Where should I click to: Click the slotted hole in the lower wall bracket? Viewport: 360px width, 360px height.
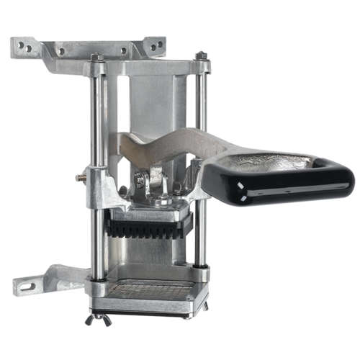point(26,287)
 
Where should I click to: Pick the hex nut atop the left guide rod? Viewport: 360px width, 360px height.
point(96,58)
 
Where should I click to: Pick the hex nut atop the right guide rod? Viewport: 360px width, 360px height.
point(203,55)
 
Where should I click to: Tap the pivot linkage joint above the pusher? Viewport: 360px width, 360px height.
point(153,184)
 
